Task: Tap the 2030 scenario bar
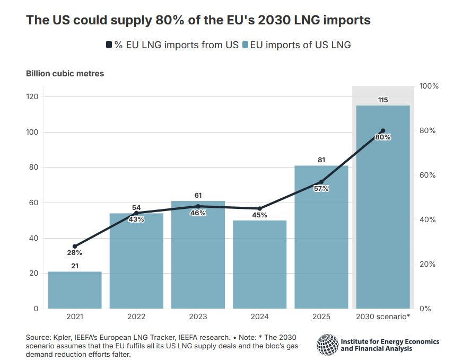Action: (x=383, y=207)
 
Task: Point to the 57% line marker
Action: (x=321, y=182)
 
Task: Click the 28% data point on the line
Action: (x=75, y=247)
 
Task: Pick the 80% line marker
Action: (x=383, y=131)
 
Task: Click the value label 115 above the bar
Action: (x=383, y=100)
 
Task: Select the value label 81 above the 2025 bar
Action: (x=321, y=160)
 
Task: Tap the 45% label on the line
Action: (x=260, y=215)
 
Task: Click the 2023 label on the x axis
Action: (x=198, y=317)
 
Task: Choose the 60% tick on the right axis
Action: (x=428, y=175)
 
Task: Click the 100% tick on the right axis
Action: (x=428, y=86)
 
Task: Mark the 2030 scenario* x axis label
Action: (x=383, y=317)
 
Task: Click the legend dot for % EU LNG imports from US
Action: (x=109, y=45)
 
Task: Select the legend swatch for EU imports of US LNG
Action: (x=245, y=45)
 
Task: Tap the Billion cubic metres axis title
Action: (x=65, y=74)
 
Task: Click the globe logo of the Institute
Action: (x=327, y=345)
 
